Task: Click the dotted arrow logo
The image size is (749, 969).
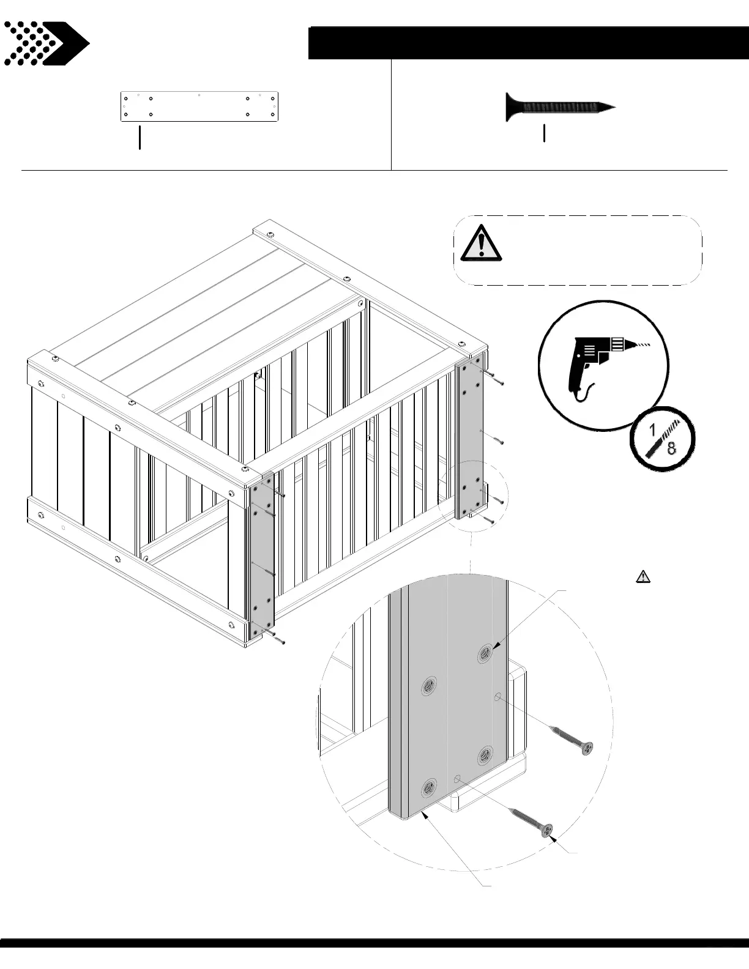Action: [46, 43]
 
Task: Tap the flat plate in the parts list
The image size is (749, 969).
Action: [199, 106]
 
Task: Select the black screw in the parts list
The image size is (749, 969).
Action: [559, 107]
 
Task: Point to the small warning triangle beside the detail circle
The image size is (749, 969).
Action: [643, 576]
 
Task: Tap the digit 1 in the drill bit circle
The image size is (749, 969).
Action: [653, 431]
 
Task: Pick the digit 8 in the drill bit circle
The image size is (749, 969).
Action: [672, 448]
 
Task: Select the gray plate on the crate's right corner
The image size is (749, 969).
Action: [469, 437]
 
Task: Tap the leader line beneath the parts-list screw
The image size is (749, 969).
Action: [544, 133]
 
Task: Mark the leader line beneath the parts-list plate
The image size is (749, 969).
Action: [140, 138]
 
